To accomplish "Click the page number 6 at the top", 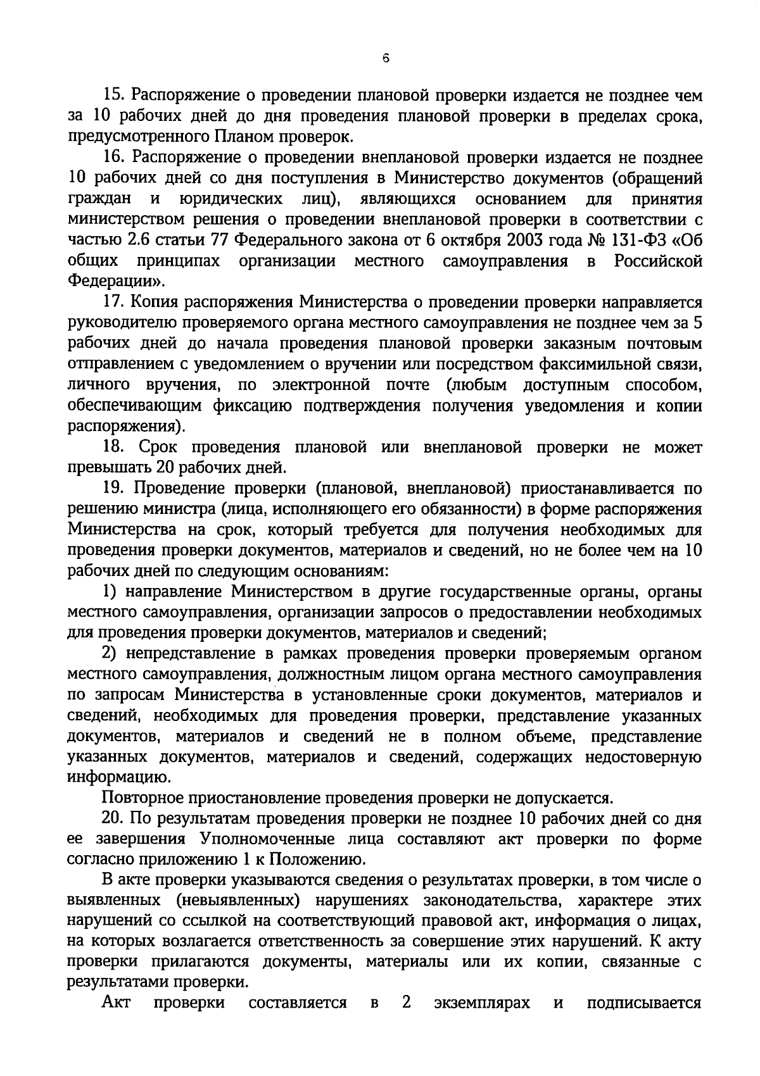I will pos(386,58).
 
